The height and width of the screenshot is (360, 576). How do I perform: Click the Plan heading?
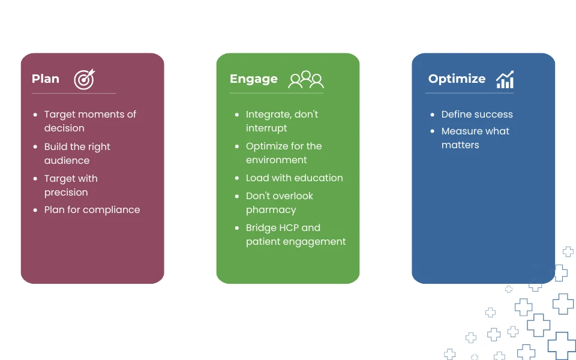point(46,79)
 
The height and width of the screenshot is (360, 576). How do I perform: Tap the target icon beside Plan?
point(85,79)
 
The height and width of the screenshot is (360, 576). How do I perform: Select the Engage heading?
point(253,79)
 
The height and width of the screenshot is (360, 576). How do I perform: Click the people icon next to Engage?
point(306,80)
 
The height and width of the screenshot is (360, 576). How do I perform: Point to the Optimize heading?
point(457,79)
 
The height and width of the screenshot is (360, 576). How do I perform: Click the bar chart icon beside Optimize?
point(505,79)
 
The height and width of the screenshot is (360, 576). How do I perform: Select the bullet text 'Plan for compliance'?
point(92,210)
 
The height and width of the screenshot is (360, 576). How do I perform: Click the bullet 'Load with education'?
point(294,178)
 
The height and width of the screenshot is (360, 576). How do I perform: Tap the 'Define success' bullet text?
point(477,114)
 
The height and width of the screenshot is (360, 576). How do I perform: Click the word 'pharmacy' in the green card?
point(271,210)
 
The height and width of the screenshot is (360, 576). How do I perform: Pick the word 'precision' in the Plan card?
point(66,193)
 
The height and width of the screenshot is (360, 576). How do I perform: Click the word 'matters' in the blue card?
point(460,145)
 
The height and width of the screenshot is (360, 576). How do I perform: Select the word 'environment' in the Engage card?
point(276,160)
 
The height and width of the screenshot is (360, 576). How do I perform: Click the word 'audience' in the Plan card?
point(67,161)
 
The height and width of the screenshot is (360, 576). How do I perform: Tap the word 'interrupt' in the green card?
point(266,128)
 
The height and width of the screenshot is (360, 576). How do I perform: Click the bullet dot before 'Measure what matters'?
point(433,131)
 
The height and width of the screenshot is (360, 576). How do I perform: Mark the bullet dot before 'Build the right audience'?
point(35,146)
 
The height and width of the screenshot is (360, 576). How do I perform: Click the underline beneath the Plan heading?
point(74,94)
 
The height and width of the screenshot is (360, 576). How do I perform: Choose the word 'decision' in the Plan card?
point(64,128)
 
